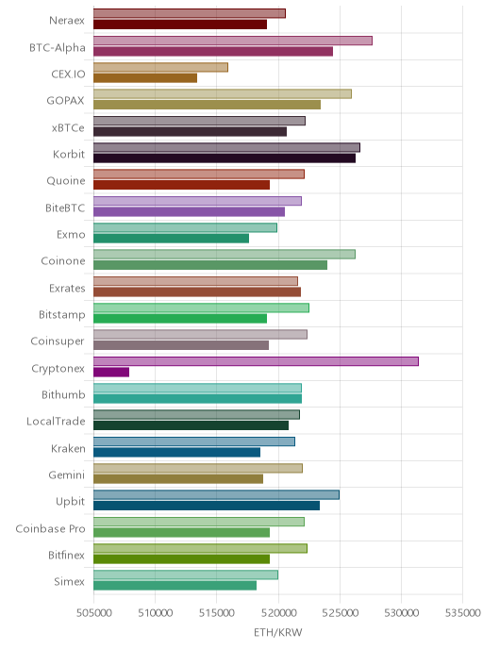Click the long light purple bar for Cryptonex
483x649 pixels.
256,361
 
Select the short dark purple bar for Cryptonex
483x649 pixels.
111,372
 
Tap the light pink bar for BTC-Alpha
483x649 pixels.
233,41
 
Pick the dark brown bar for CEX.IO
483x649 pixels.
145,77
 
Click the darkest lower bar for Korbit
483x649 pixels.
225,158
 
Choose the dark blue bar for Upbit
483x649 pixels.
207,506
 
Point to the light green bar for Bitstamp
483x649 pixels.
201,308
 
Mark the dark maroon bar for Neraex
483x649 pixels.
180,25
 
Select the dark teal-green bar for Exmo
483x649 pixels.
172,239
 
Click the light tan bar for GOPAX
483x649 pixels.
223,94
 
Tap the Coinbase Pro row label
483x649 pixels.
50,528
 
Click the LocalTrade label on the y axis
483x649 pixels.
56,422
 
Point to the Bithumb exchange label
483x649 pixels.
63,395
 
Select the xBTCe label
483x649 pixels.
68,128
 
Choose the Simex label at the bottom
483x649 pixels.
69,581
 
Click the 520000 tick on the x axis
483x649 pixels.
278,612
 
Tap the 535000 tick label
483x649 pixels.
463,612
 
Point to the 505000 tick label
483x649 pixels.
94,612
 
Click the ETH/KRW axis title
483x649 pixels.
277,632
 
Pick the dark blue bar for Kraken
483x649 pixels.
176,452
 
